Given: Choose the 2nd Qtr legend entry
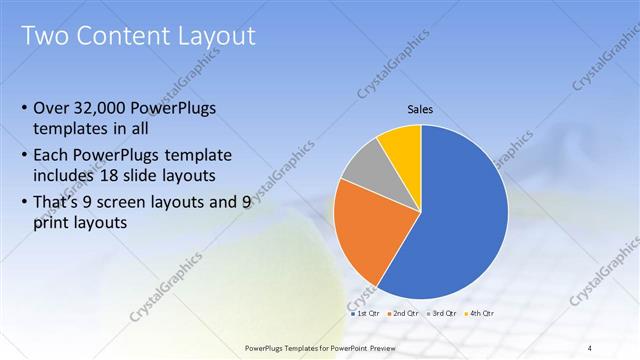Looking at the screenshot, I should (x=402, y=314).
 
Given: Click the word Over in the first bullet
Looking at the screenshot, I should (x=51, y=108).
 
